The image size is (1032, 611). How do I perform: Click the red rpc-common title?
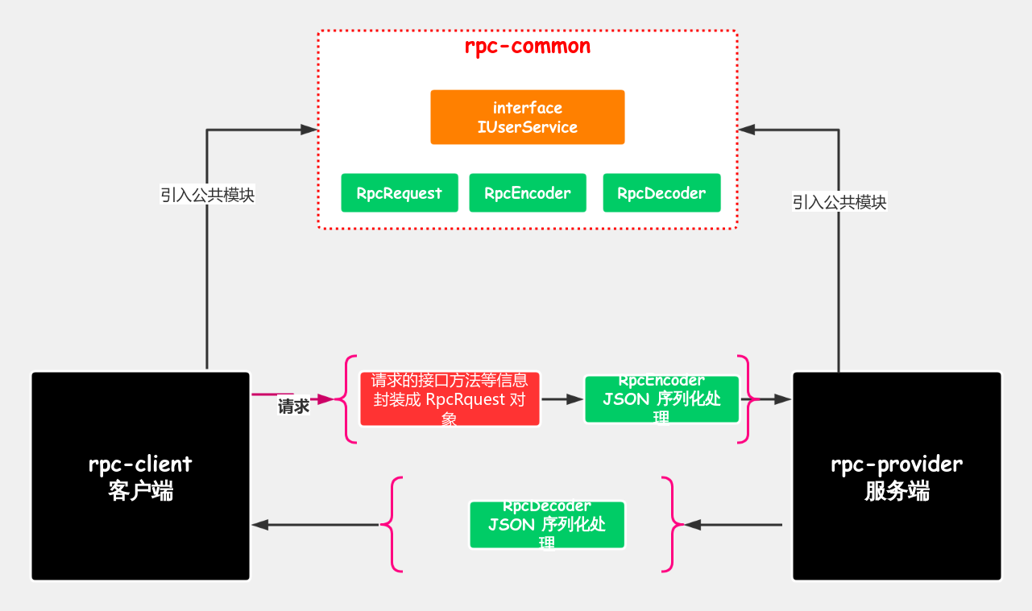coord(528,47)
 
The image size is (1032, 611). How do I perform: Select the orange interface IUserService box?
coord(528,118)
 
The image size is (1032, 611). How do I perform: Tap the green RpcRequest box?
coord(400,193)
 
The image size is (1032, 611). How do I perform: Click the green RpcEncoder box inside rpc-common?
coord(528,193)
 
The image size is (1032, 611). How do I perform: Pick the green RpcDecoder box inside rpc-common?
coord(661,193)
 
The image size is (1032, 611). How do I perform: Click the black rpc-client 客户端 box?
coord(141,476)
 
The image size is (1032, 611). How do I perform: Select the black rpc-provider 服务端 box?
coord(897,476)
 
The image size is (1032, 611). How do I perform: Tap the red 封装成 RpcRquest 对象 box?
coord(450,399)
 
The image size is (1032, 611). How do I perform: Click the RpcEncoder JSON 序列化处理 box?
coord(661,399)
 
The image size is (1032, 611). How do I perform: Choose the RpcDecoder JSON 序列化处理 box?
coord(547,525)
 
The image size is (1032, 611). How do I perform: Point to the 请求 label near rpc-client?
coord(293,407)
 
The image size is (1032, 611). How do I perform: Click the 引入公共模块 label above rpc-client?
coord(207,195)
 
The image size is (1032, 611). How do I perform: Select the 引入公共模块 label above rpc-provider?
coord(839,202)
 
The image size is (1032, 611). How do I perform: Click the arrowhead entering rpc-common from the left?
coord(309,130)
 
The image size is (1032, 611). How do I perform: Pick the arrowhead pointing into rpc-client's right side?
coord(260,525)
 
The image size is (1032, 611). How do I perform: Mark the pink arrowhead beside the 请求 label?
coord(325,398)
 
